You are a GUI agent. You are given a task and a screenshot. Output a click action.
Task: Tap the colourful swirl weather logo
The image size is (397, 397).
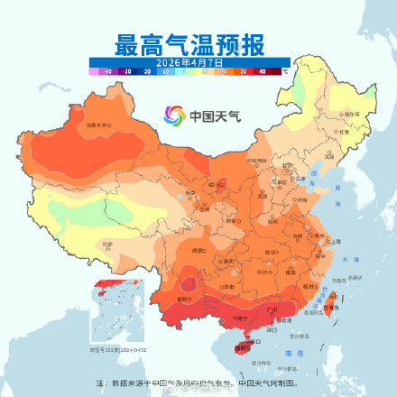(173, 115)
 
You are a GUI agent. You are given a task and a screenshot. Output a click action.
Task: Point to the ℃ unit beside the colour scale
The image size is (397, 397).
(285, 69)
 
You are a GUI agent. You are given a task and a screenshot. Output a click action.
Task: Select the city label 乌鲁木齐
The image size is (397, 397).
(98, 125)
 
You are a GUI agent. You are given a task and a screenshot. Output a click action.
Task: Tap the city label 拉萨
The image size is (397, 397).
(109, 244)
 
